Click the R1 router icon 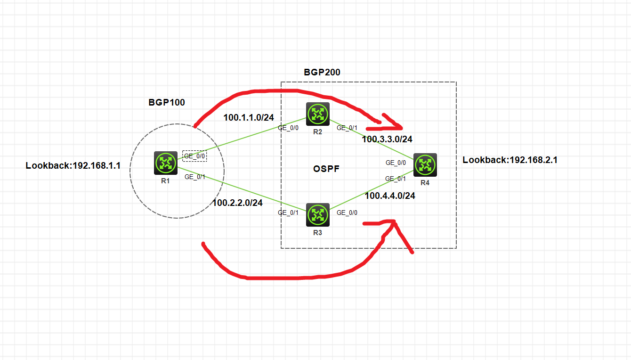pyautogui.click(x=165, y=163)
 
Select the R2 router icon pyautogui.click(x=317, y=114)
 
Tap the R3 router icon pyautogui.click(x=318, y=214)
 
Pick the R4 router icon pyautogui.click(x=425, y=165)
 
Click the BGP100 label pyautogui.click(x=167, y=102)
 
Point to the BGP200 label pyautogui.click(x=322, y=72)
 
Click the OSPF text pyautogui.click(x=327, y=169)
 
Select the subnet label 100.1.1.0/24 pyautogui.click(x=249, y=117)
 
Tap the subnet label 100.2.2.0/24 pyautogui.click(x=238, y=203)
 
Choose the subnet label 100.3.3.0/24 pyautogui.click(x=387, y=139)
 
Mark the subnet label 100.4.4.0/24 pyautogui.click(x=390, y=196)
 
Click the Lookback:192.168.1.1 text pyautogui.click(x=73, y=165)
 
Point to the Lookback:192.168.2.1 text pyautogui.click(x=510, y=160)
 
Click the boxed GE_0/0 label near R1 pyautogui.click(x=194, y=156)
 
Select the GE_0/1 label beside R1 pyautogui.click(x=194, y=177)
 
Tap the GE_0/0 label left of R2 pyautogui.click(x=288, y=128)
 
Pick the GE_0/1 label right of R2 pyautogui.click(x=347, y=128)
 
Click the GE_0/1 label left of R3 pyautogui.click(x=288, y=213)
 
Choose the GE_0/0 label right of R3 pyautogui.click(x=347, y=213)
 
